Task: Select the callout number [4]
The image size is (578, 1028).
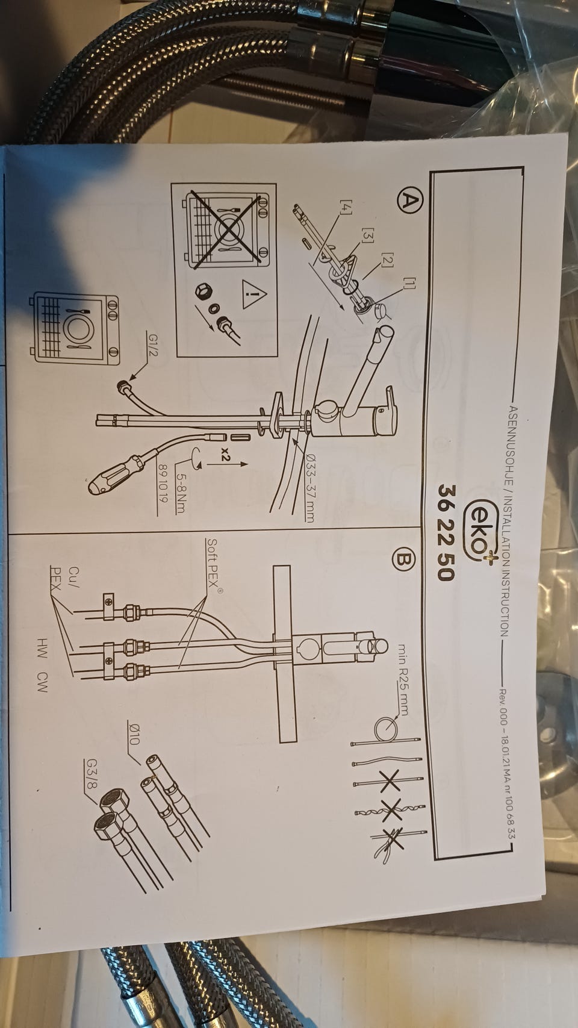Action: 346,207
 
